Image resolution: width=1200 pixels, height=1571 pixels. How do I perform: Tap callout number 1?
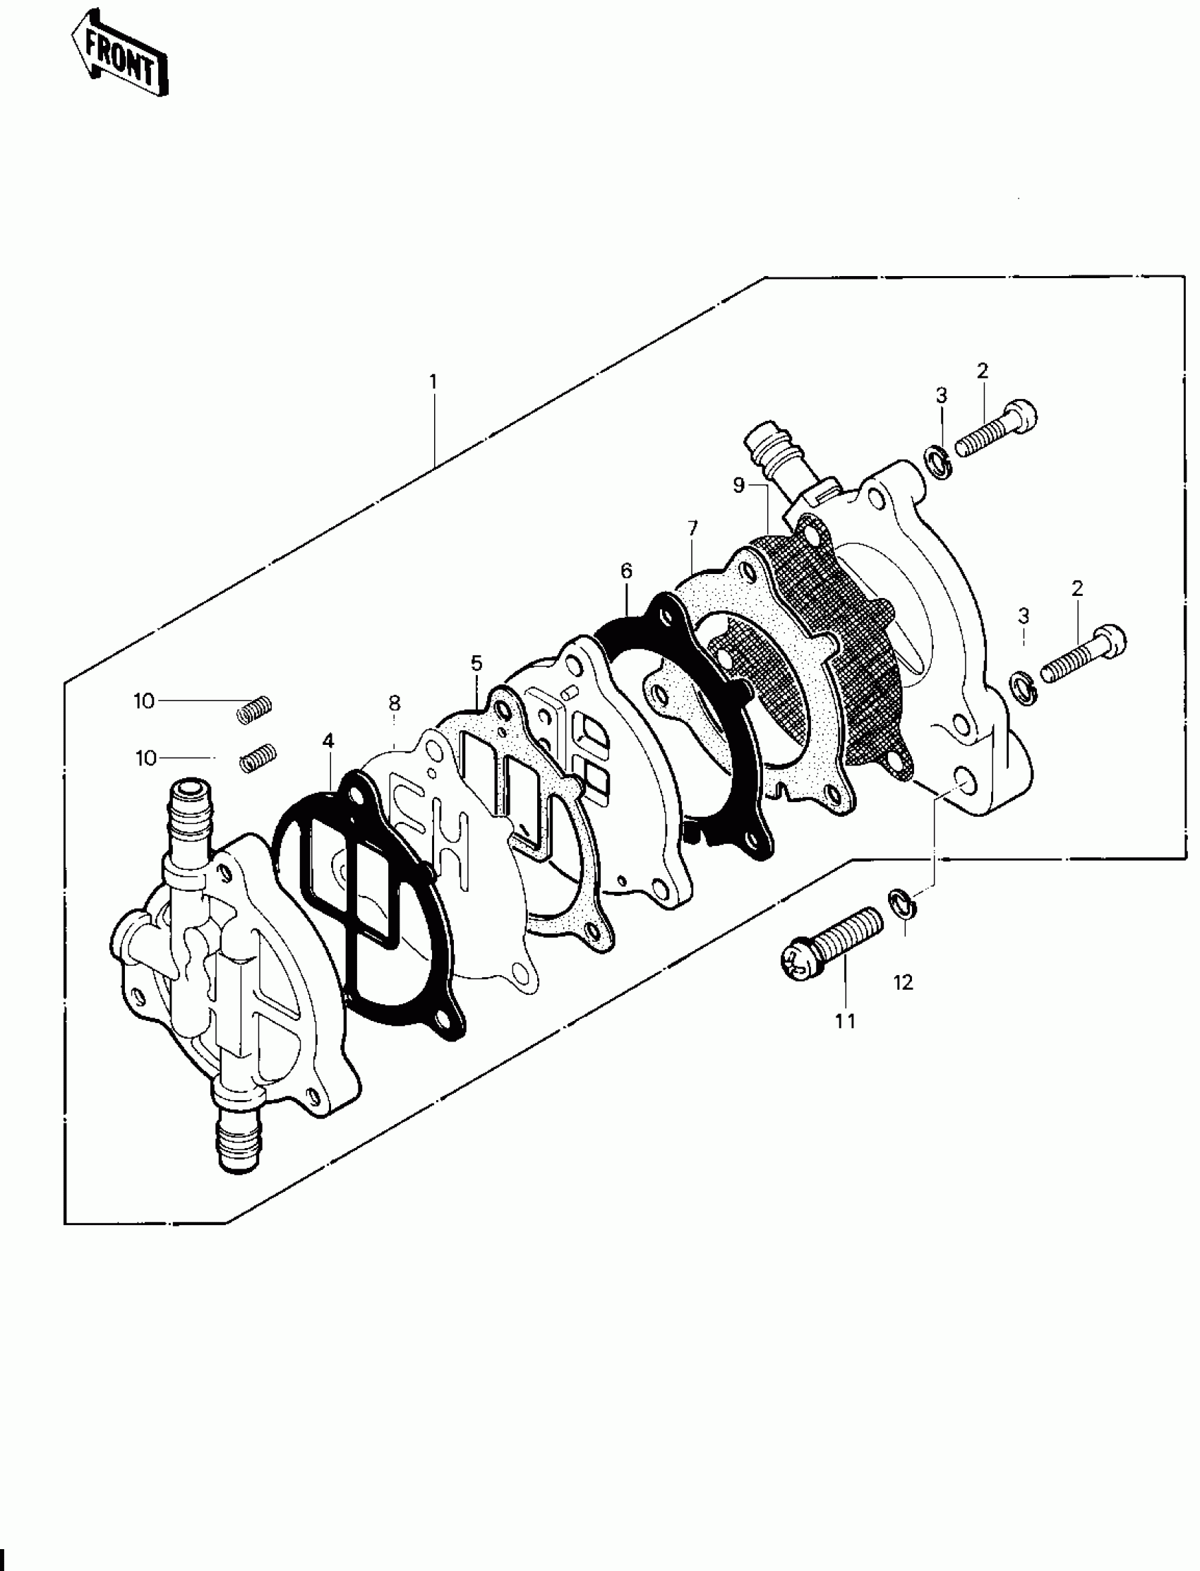tap(433, 381)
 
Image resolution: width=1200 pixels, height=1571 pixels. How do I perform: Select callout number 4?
tap(327, 741)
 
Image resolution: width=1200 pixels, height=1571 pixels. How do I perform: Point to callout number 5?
tap(476, 663)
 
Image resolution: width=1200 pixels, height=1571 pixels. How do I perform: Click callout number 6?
tap(626, 570)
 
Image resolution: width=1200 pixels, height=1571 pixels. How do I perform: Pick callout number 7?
tap(692, 529)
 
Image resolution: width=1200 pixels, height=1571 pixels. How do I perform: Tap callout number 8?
tap(395, 703)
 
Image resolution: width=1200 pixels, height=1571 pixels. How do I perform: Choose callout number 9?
tap(738, 485)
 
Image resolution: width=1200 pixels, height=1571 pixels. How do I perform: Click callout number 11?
tap(845, 1022)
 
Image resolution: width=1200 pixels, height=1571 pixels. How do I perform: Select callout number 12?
tap(904, 982)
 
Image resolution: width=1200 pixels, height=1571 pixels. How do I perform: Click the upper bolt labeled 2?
tap(995, 431)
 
